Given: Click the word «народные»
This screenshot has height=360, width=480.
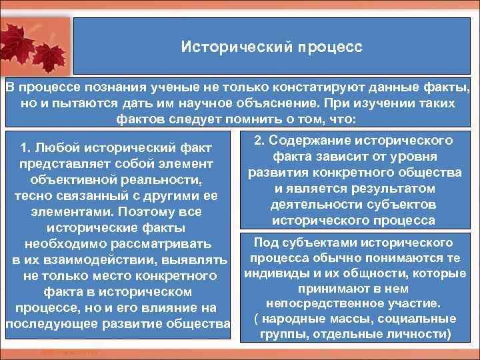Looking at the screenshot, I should [294, 319].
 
